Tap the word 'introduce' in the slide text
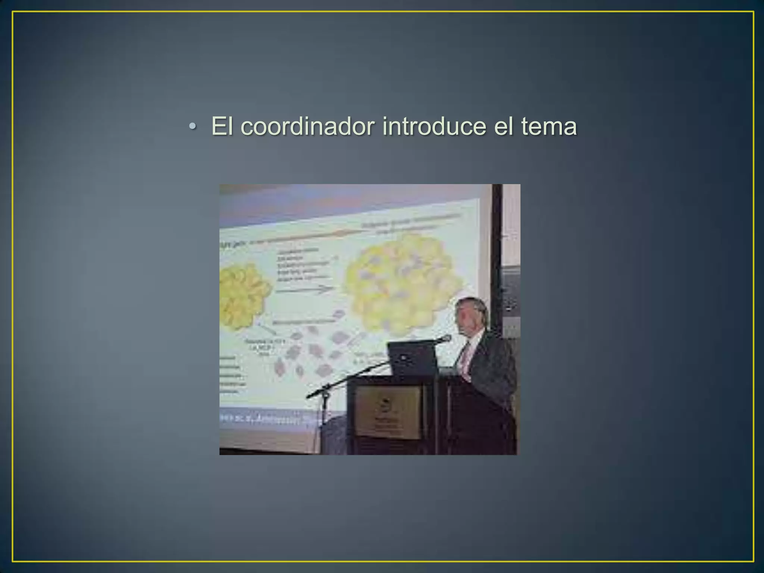pyautogui.click(x=434, y=126)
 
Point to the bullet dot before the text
pyautogui.click(x=192, y=127)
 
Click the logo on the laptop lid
pyautogui.click(x=404, y=357)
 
